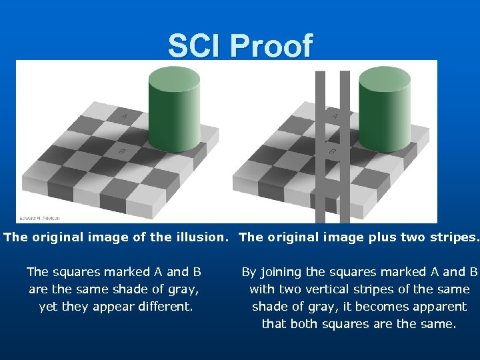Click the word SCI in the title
click(x=196, y=46)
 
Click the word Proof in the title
click(x=271, y=46)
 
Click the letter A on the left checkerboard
click(x=123, y=117)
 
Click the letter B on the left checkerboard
click(x=122, y=151)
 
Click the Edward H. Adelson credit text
click(x=39, y=218)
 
